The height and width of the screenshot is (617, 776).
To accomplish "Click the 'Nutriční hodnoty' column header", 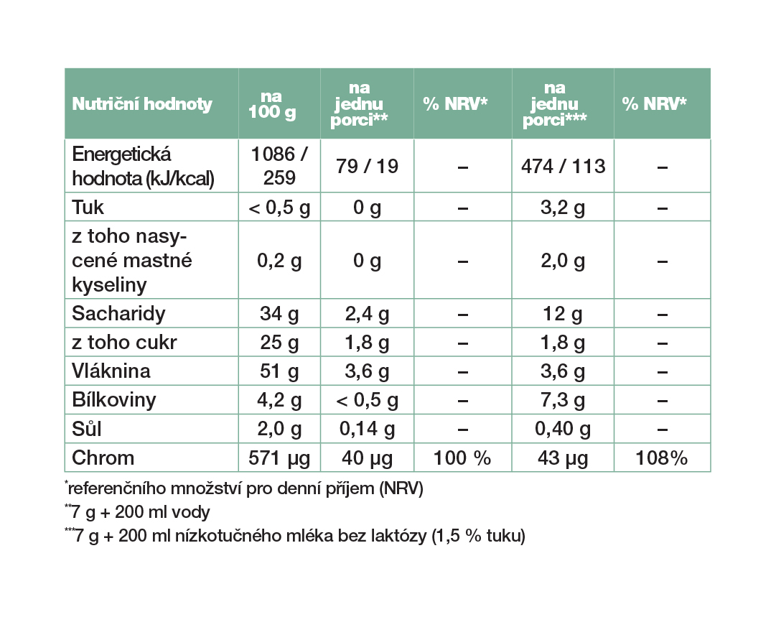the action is (142, 104).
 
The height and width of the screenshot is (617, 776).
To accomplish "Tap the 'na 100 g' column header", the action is (272, 104).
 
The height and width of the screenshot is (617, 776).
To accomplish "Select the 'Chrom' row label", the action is (103, 458).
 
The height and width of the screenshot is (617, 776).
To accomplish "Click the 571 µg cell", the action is (279, 458).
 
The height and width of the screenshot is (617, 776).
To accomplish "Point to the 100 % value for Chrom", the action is (462, 458).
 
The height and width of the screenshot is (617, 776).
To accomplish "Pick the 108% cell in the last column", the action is (662, 458).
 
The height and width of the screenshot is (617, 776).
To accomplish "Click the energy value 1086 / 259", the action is (279, 166).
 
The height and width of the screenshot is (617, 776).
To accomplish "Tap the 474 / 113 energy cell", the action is (564, 167).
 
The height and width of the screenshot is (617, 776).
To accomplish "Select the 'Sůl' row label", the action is (87, 429).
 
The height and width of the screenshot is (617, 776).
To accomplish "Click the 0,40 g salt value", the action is (563, 430).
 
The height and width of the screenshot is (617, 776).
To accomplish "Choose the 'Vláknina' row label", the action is (111, 371).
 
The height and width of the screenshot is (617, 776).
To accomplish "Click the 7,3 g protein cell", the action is (563, 401).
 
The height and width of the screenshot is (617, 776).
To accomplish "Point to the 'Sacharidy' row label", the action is (118, 314).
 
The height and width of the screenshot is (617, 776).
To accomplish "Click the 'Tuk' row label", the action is (88, 208).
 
